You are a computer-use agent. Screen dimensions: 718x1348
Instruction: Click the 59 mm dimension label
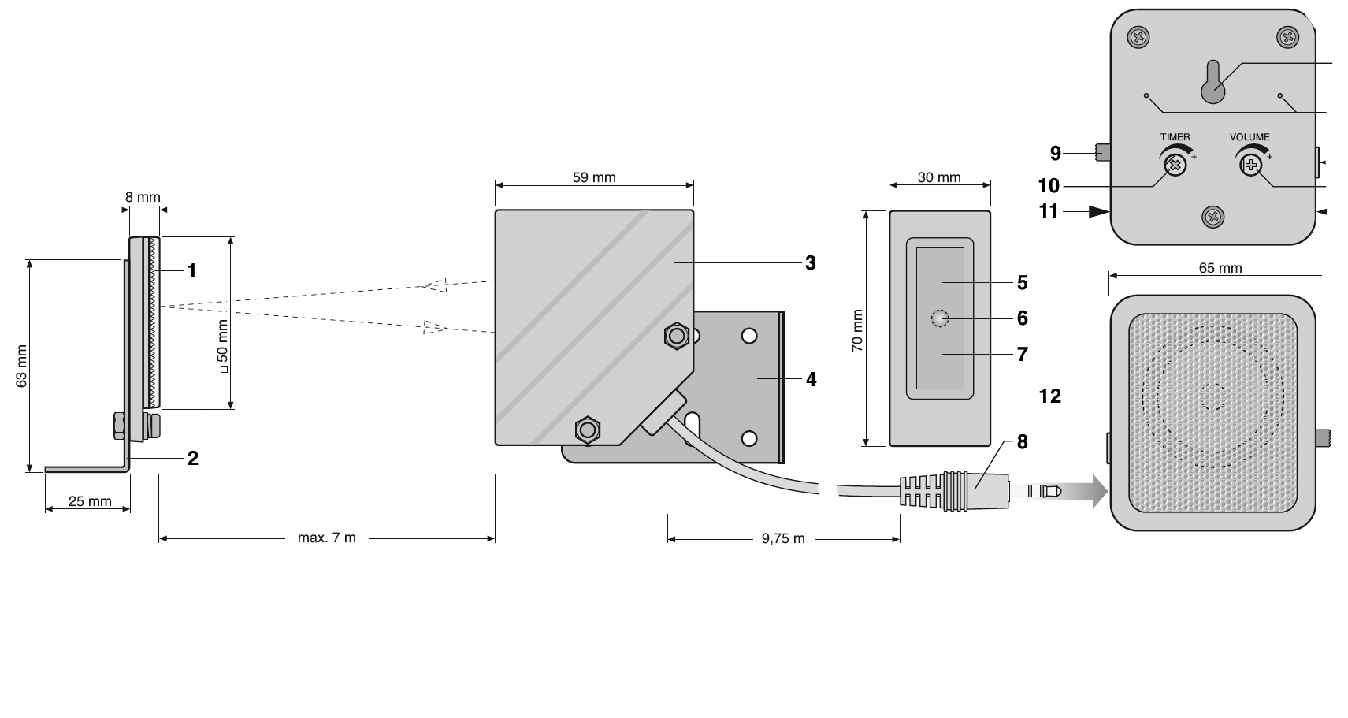[x=594, y=177]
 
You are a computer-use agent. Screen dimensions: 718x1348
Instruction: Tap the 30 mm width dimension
[x=939, y=177]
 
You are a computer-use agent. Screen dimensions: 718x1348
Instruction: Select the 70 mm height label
[x=858, y=330]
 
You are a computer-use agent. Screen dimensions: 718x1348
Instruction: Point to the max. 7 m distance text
[x=327, y=538]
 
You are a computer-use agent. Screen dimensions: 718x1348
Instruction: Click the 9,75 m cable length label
[x=783, y=539]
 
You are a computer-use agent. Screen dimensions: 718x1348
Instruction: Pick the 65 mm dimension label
[x=1220, y=268]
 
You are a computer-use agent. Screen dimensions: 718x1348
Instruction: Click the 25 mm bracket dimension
[x=90, y=500]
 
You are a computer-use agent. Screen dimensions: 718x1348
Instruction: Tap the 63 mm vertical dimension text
[x=22, y=366]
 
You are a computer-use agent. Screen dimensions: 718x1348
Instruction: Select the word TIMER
[x=1175, y=137]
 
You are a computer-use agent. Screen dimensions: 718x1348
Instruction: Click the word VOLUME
[x=1250, y=137]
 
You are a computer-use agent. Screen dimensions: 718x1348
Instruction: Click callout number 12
[x=1050, y=396]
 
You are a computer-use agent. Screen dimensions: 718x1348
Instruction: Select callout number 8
[x=1022, y=442]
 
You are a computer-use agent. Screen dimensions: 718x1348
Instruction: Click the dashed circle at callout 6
[x=939, y=318]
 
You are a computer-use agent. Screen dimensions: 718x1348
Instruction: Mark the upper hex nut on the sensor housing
[x=674, y=336]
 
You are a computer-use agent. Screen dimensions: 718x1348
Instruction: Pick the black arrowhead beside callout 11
[x=1099, y=211]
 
